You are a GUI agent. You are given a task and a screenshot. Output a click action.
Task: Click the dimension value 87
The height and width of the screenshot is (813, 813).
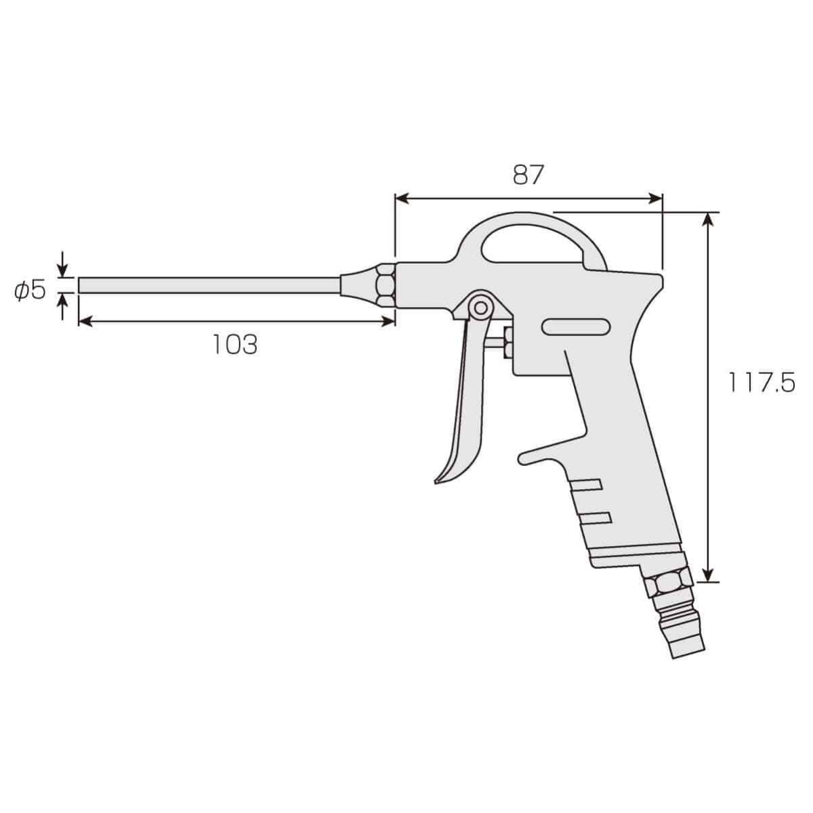(528, 175)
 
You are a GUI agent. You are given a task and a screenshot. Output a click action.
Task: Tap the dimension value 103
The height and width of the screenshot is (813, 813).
(235, 345)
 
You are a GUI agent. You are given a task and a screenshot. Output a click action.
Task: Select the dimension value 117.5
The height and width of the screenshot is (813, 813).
(761, 383)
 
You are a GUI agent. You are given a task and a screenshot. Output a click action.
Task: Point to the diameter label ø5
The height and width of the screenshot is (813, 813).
(30, 291)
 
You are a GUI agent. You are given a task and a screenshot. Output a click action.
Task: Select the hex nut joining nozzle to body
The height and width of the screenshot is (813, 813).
(385, 285)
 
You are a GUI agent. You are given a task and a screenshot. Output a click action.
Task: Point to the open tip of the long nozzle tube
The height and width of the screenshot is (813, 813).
(81, 285)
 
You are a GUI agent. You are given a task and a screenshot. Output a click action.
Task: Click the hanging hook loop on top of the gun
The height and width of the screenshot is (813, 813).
(532, 241)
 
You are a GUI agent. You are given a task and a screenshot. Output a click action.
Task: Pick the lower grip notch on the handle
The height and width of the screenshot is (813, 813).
(596, 518)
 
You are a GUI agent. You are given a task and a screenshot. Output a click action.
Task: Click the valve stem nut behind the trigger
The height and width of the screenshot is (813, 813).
(507, 343)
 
